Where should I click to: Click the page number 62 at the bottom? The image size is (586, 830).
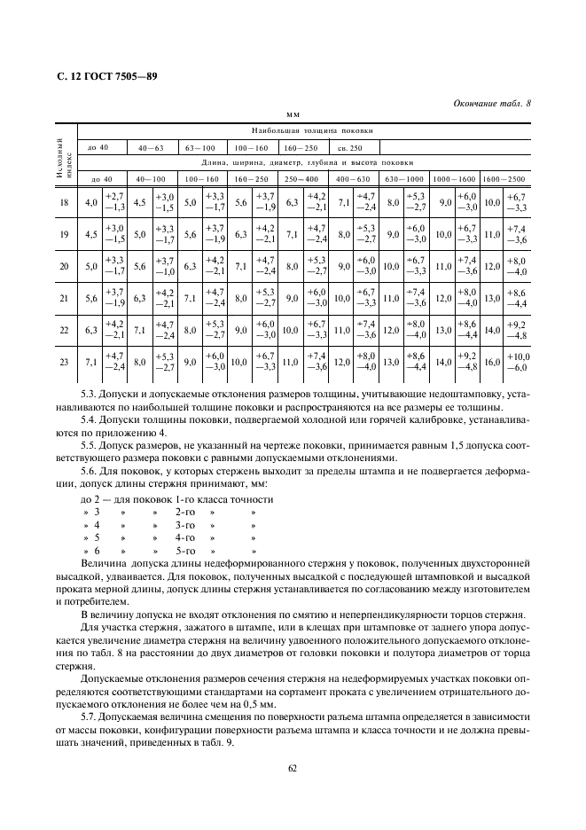[292, 768]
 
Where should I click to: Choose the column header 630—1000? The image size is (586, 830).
[405, 178]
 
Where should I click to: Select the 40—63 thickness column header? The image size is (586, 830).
[152, 146]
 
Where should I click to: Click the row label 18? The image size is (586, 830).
[63, 203]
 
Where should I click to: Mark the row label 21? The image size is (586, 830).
[63, 299]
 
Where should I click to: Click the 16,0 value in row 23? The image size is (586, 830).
[491, 363]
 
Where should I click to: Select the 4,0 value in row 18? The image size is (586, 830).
[90, 203]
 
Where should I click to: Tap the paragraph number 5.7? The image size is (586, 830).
[90, 715]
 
